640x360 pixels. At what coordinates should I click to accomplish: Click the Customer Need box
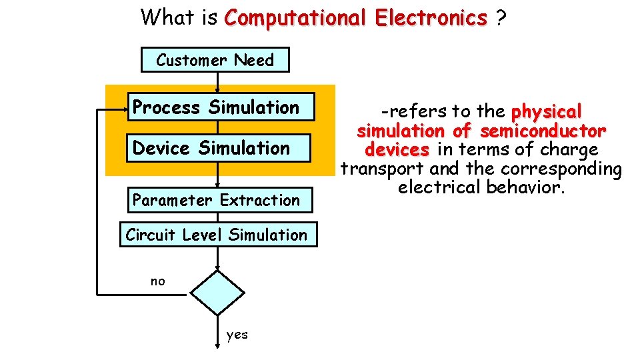[x=215, y=60]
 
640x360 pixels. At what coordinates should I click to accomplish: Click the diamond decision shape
[x=218, y=292]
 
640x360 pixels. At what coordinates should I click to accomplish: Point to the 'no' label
[x=157, y=281]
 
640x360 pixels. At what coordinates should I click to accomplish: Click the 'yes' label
[x=237, y=335]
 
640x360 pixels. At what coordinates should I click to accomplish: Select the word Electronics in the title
[x=431, y=17]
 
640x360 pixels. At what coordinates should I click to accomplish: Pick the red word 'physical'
[x=546, y=111]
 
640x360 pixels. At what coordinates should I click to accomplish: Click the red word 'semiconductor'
[x=543, y=130]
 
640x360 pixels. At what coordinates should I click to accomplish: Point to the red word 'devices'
[x=397, y=149]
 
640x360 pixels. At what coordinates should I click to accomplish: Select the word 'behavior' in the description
[x=526, y=187]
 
